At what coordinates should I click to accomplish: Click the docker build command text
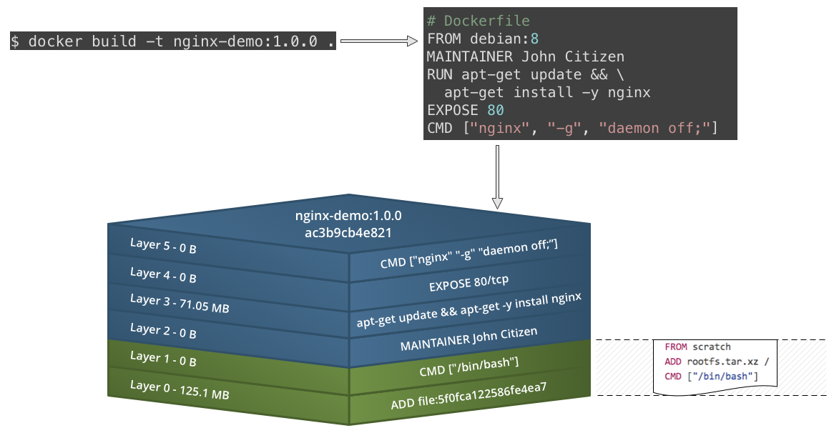[172, 41]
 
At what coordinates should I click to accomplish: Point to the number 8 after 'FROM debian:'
[534, 39]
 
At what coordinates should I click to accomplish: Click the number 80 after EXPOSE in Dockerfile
[495, 110]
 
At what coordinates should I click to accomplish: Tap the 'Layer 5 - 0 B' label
[163, 246]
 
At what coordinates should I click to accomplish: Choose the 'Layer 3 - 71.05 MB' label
[180, 303]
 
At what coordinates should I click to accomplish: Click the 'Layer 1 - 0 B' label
[163, 359]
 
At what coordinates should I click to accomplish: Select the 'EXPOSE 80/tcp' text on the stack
[468, 284]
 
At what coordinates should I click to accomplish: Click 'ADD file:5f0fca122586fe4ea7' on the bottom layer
[468, 397]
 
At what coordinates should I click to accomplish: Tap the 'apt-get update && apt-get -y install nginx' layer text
[468, 311]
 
